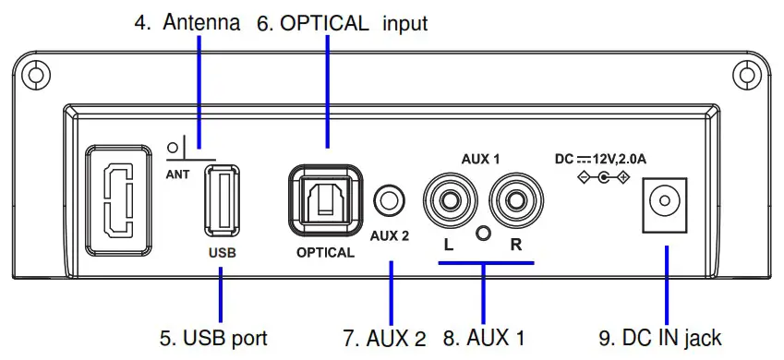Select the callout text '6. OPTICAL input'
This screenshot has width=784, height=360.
[342, 23]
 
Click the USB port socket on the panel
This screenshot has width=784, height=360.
[222, 203]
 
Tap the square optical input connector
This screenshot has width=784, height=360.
[324, 199]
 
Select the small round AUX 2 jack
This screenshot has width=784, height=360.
[389, 198]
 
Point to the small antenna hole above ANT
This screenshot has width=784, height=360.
[174, 147]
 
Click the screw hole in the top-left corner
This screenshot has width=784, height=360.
[32, 74]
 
